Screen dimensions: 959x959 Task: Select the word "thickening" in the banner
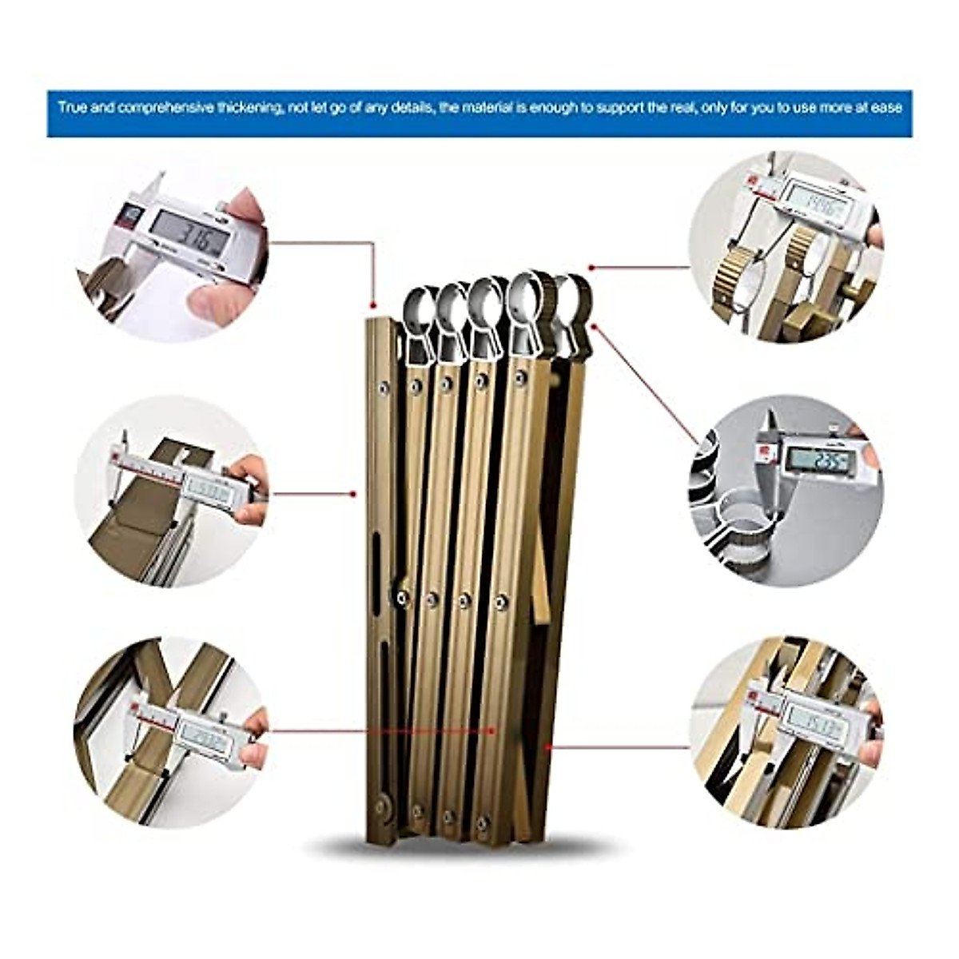click(x=247, y=107)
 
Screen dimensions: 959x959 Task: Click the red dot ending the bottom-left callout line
click(x=494, y=730)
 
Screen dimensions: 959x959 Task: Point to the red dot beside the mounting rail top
click(x=372, y=304)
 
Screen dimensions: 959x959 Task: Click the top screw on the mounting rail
click(x=384, y=388)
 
